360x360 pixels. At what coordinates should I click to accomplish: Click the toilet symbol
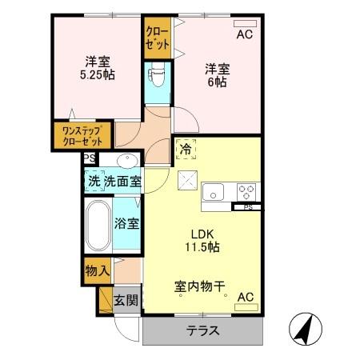[156, 78]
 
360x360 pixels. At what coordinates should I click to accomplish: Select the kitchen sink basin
[214, 191]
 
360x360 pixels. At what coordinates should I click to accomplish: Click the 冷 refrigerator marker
[186, 148]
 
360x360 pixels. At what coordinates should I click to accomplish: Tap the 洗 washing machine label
[94, 181]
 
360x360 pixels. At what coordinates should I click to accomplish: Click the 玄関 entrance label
[125, 302]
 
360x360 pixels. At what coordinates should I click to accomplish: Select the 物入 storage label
[97, 270]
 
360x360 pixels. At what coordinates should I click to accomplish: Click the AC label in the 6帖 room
[244, 34]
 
